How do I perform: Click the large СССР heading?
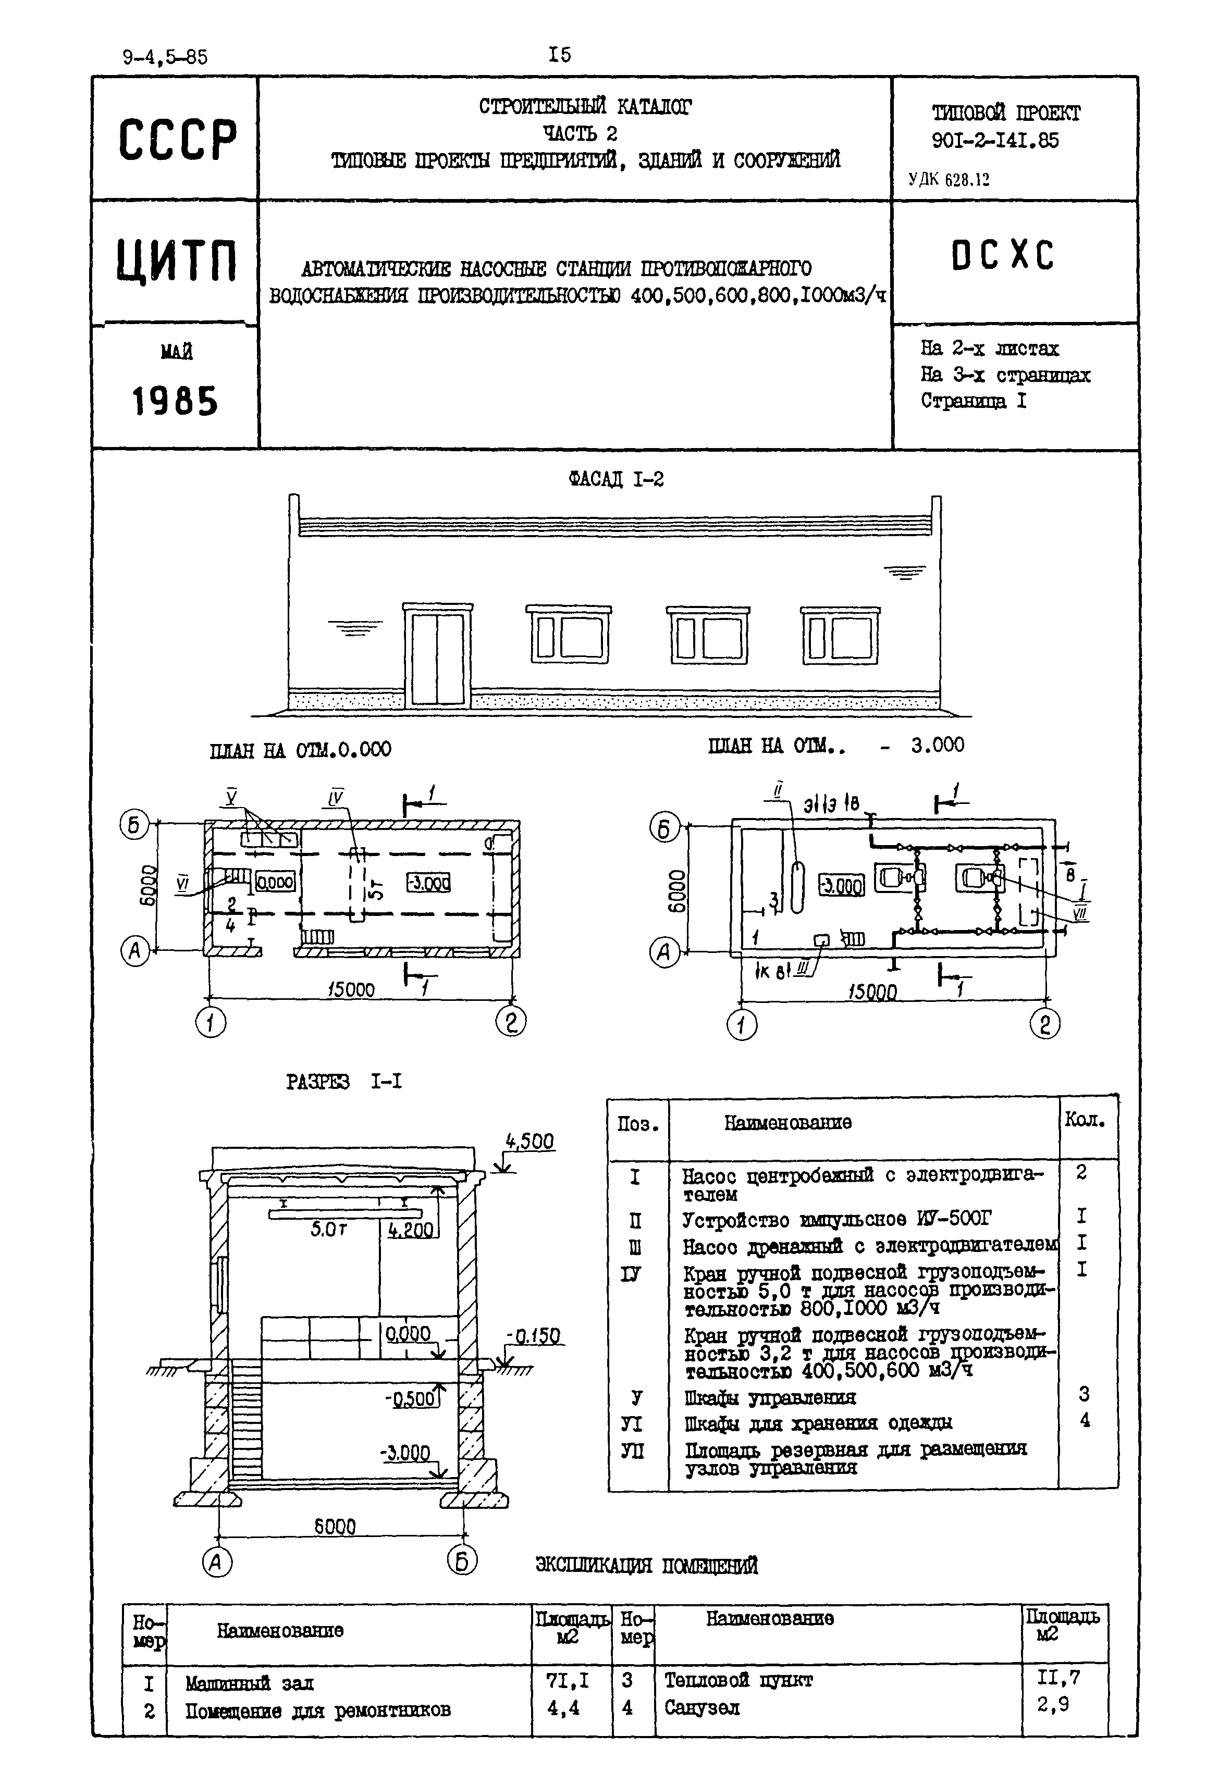click(177, 140)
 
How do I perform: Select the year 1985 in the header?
click(175, 402)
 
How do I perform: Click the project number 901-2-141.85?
click(995, 140)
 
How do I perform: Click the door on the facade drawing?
click(437, 657)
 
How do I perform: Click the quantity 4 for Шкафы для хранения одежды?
click(1085, 1420)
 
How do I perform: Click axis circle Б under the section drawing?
click(462, 1561)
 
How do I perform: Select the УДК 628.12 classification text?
click(949, 180)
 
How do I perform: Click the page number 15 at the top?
click(559, 55)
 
